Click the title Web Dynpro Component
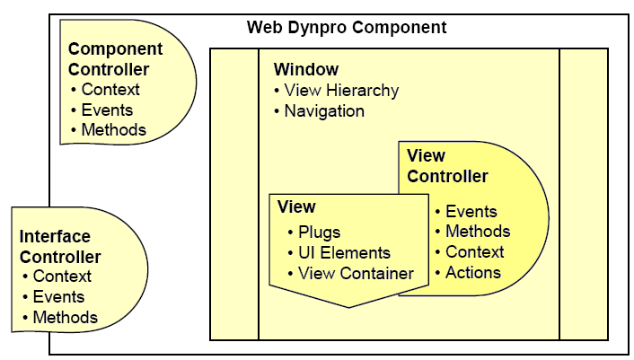tap(347, 28)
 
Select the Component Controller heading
tap(115, 59)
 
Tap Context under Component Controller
tap(110, 89)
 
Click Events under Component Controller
tap(107, 110)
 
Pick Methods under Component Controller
tap(114, 129)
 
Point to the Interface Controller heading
tap(60, 247)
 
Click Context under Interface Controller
tap(62, 277)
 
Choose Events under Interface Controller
tap(58, 297)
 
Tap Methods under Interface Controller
tap(65, 317)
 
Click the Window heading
tap(306, 69)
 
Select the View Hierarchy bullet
tap(341, 91)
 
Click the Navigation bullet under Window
tap(324, 111)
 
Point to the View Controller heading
tap(447, 166)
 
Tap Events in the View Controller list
tap(471, 211)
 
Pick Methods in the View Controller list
tap(478, 231)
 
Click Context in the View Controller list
tap(475, 251)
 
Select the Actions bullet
tap(473, 273)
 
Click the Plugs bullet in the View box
tap(320, 233)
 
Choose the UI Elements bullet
tap(344, 253)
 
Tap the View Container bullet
tap(356, 274)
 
